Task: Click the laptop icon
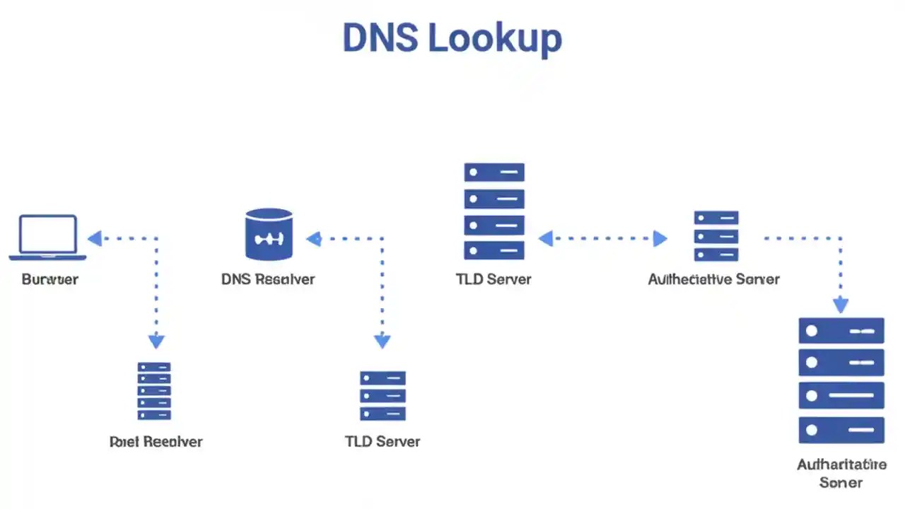coord(48,238)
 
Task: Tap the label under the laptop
coord(49,279)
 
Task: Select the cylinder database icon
coord(269,234)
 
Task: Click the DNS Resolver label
coord(268,279)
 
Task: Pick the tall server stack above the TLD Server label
coord(494,211)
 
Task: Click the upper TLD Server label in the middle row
coord(494,279)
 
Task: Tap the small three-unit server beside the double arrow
coord(716,236)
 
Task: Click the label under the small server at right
coord(713,279)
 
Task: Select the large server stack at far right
coord(841,380)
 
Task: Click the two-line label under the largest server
coord(841,473)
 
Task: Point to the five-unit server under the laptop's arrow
coord(154,391)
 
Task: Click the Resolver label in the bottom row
coord(156,441)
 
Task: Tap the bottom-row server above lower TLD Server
coord(383,395)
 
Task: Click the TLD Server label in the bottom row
coord(383,441)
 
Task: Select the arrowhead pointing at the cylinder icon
coord(314,238)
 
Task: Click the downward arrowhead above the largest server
coord(841,305)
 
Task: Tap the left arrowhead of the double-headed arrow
coord(545,238)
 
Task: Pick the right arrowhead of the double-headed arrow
coord(660,238)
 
